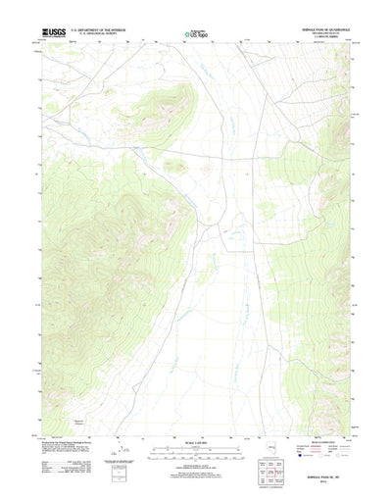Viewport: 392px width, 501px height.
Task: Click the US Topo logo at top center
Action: [x=196, y=34]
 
